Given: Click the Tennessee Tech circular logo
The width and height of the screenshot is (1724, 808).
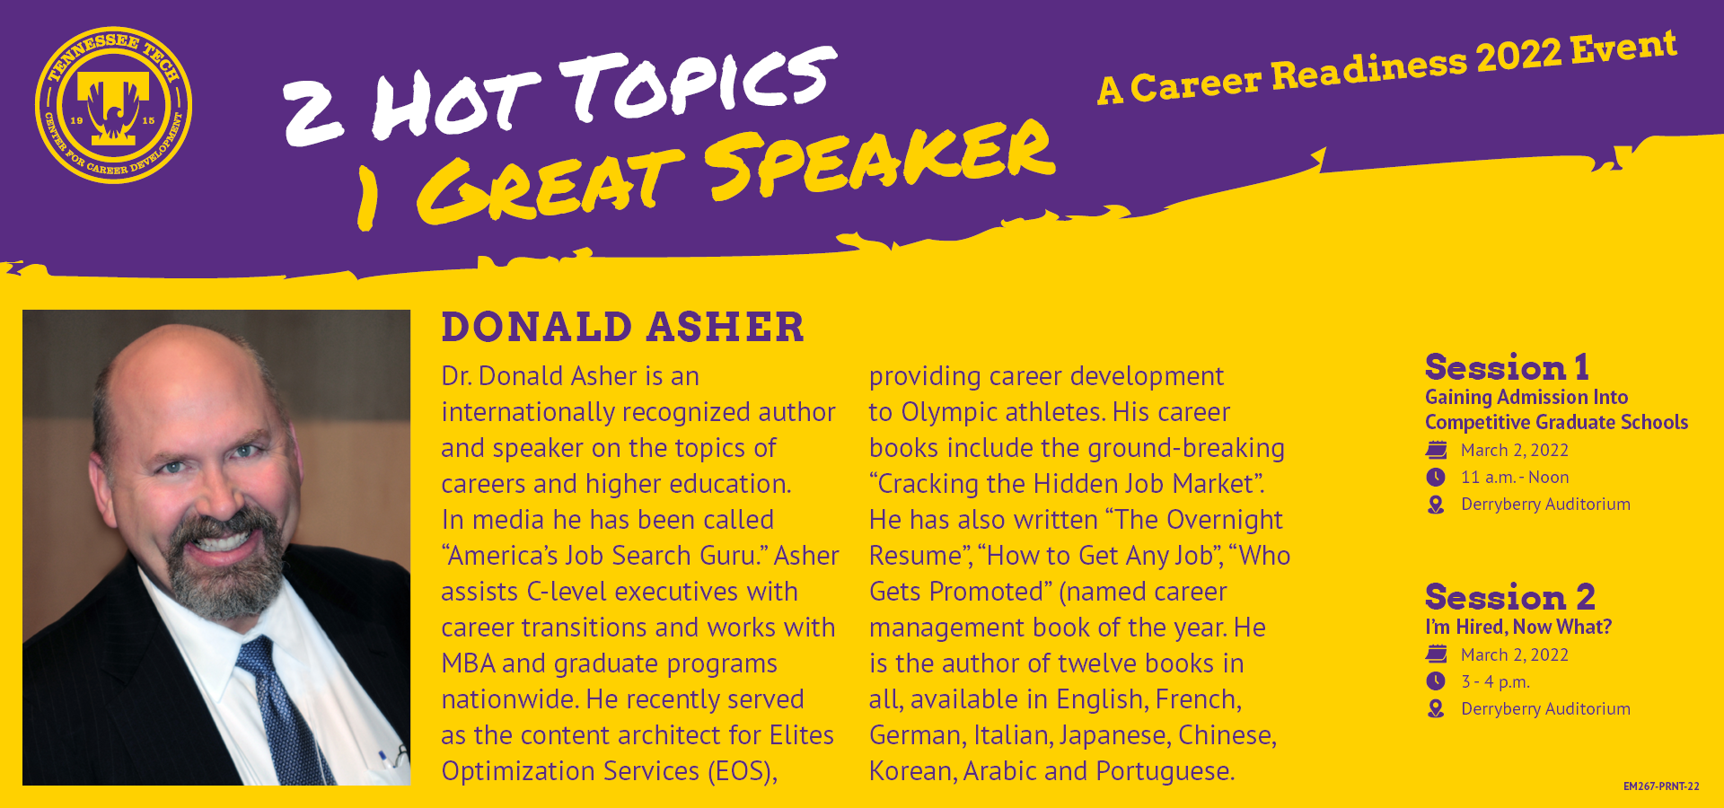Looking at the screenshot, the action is point(113,105).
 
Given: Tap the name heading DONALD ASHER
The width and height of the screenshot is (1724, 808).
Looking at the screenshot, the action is point(622,327).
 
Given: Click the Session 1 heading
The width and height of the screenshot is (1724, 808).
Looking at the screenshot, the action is point(1507,367).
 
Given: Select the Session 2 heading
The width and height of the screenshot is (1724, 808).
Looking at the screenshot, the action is point(1509,597).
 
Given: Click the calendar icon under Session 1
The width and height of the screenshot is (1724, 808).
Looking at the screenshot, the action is point(1437,450).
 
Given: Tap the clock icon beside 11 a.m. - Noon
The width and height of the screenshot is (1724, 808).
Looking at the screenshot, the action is point(1436,477).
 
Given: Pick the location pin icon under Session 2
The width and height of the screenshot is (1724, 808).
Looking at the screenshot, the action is point(1436,708).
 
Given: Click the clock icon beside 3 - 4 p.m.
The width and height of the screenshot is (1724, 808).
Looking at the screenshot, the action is point(1436,681).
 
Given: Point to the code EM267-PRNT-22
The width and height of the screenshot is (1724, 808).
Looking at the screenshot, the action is point(1661,786).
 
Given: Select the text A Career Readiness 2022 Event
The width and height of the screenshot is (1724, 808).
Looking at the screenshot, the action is point(1387,67).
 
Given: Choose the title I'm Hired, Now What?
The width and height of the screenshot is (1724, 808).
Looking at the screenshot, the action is point(1518,627).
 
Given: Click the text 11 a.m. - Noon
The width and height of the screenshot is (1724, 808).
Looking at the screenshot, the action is point(1515,477).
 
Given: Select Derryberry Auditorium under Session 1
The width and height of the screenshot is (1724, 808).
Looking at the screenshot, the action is point(1545,505).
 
